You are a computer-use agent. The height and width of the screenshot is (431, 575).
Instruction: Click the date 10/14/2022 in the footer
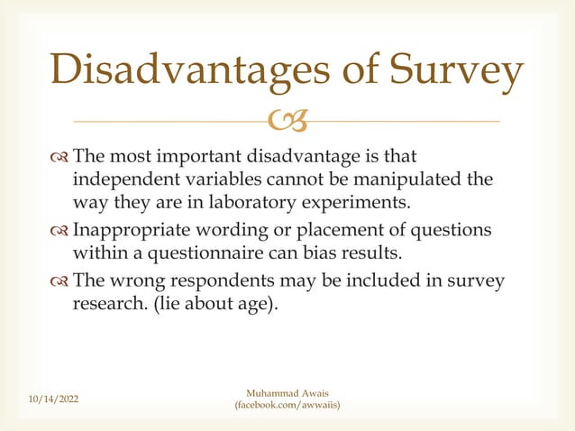point(50,399)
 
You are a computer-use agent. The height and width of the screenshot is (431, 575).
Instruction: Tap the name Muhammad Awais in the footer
point(287,392)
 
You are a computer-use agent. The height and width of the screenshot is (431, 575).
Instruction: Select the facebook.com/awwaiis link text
point(287,407)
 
